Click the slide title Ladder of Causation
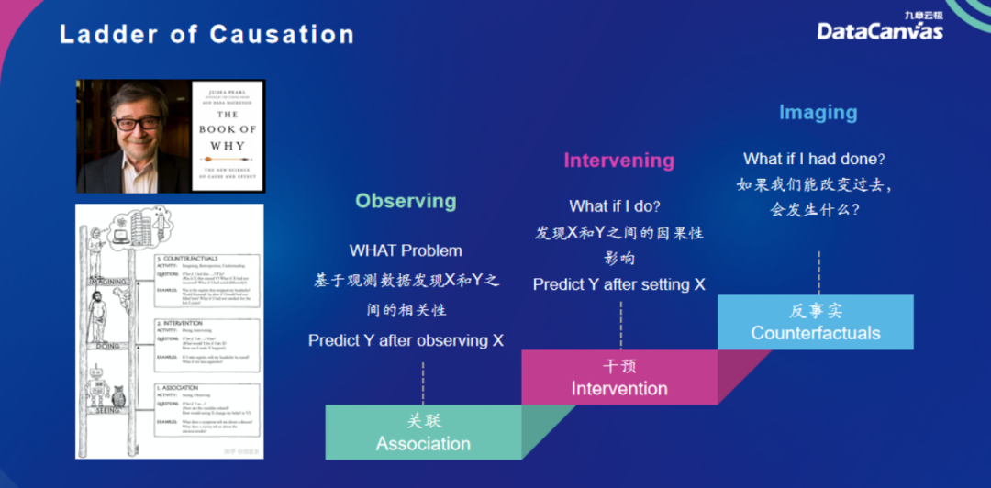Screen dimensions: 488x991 (206, 35)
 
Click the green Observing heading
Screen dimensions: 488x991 (406, 201)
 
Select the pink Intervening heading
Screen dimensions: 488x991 (618, 161)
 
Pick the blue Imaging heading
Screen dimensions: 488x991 (818, 113)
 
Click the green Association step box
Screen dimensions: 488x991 (423, 433)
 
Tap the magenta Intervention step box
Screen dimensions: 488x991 (619, 378)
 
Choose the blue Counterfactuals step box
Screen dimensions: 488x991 (815, 322)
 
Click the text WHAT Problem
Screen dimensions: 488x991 (406, 250)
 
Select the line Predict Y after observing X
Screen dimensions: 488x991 (406, 340)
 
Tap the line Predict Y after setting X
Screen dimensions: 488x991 (618, 284)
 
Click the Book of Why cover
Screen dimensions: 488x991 (228, 136)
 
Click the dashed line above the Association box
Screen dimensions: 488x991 (423, 382)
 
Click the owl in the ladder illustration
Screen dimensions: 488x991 (117, 399)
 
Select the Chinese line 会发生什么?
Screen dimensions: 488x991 (814, 209)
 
